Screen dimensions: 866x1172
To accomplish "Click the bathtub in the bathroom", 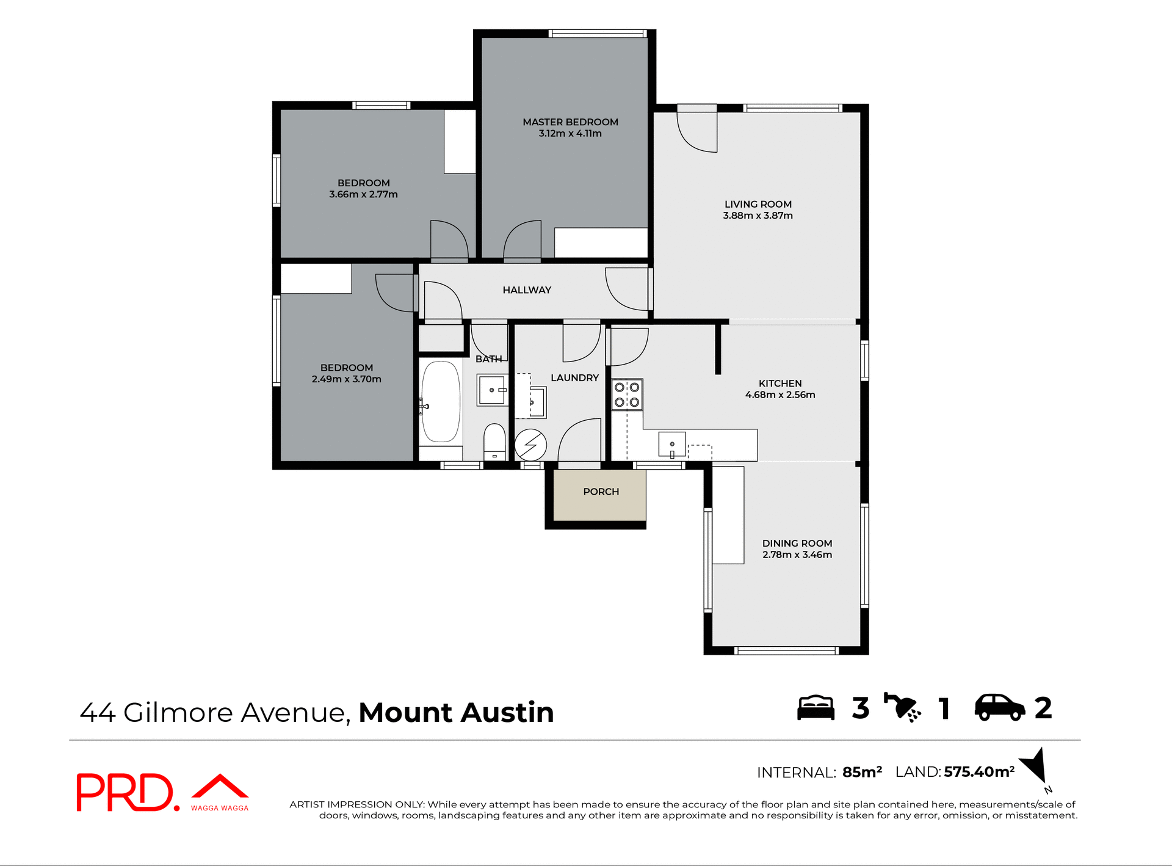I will tap(441, 401).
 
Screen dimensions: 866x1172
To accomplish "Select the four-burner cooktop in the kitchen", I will tap(627, 395).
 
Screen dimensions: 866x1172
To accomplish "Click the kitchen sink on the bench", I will tap(671, 444).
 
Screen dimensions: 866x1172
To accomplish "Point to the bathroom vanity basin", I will tap(492, 390).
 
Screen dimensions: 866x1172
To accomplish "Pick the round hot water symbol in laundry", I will tap(530, 445).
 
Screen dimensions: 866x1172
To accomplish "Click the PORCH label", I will tap(601, 492).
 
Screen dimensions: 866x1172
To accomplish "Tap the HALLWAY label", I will tap(527, 290).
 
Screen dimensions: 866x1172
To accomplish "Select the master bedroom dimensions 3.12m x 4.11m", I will tap(570, 134).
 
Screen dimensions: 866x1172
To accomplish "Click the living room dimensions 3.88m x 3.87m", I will tap(758, 216).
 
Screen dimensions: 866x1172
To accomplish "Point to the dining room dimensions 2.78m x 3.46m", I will tap(797, 555).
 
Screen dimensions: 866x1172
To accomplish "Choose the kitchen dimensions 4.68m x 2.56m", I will tap(780, 395).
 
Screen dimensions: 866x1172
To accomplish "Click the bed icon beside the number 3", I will tap(816, 708).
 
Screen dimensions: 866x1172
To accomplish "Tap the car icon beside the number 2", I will tap(999, 708).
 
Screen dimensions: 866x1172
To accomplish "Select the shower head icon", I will tap(902, 708).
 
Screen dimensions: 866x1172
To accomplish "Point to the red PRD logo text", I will tap(125, 792).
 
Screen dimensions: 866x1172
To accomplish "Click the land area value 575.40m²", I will tap(979, 772).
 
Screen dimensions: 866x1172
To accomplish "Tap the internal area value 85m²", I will tap(862, 773).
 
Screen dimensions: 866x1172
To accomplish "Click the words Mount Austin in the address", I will tap(456, 713).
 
